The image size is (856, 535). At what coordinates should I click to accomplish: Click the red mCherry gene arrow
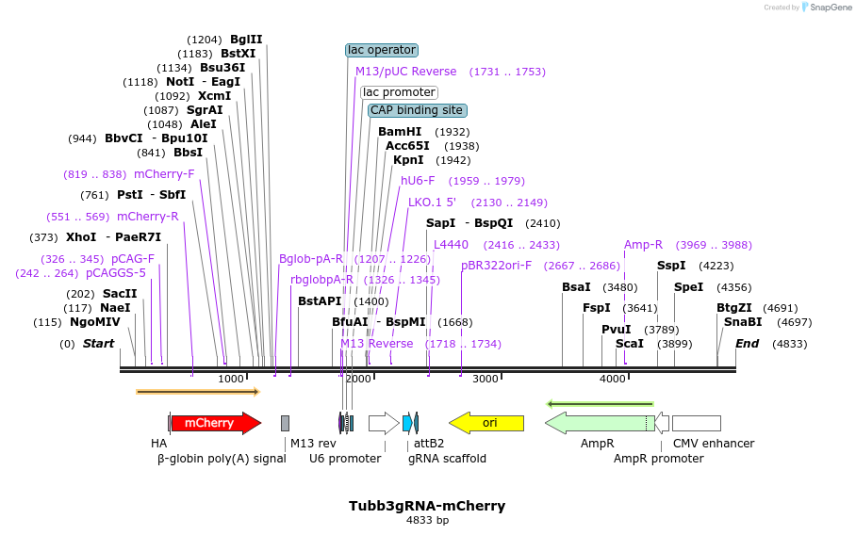pyautogui.click(x=215, y=423)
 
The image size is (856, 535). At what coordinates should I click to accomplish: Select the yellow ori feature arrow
pyautogui.click(x=486, y=423)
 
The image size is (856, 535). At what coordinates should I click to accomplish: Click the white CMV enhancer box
pyautogui.click(x=696, y=423)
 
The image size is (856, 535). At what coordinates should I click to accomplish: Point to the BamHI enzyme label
pyautogui.click(x=400, y=132)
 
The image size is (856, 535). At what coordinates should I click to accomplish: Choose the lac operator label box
pyautogui.click(x=382, y=50)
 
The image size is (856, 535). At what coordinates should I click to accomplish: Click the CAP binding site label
pyautogui.click(x=417, y=110)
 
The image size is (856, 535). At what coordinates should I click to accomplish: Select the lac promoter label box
pyautogui.click(x=399, y=92)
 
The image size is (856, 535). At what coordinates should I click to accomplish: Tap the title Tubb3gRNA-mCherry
pyautogui.click(x=427, y=506)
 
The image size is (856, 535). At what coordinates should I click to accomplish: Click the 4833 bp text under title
pyautogui.click(x=427, y=520)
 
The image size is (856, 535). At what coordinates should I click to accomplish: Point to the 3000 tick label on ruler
pyautogui.click(x=485, y=379)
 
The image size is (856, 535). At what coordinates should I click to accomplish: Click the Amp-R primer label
pyautogui.click(x=643, y=245)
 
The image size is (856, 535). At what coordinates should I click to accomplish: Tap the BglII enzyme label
pyautogui.click(x=246, y=40)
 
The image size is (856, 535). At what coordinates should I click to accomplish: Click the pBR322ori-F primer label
pyautogui.click(x=496, y=266)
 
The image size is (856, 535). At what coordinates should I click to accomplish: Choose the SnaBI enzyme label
pyautogui.click(x=743, y=322)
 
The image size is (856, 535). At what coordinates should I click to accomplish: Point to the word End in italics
pyautogui.click(x=747, y=344)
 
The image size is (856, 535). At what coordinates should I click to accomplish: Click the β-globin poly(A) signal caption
pyautogui.click(x=222, y=459)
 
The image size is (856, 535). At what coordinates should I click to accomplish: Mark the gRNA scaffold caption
pyautogui.click(x=447, y=459)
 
